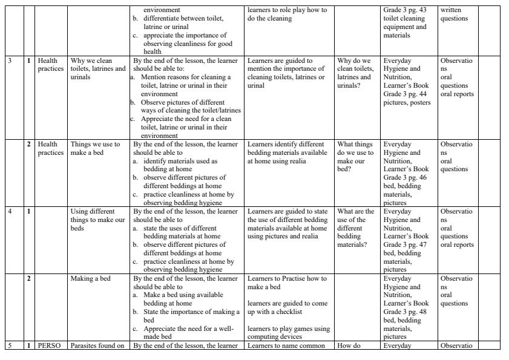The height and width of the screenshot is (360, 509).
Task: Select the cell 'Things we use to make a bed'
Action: tap(96, 149)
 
